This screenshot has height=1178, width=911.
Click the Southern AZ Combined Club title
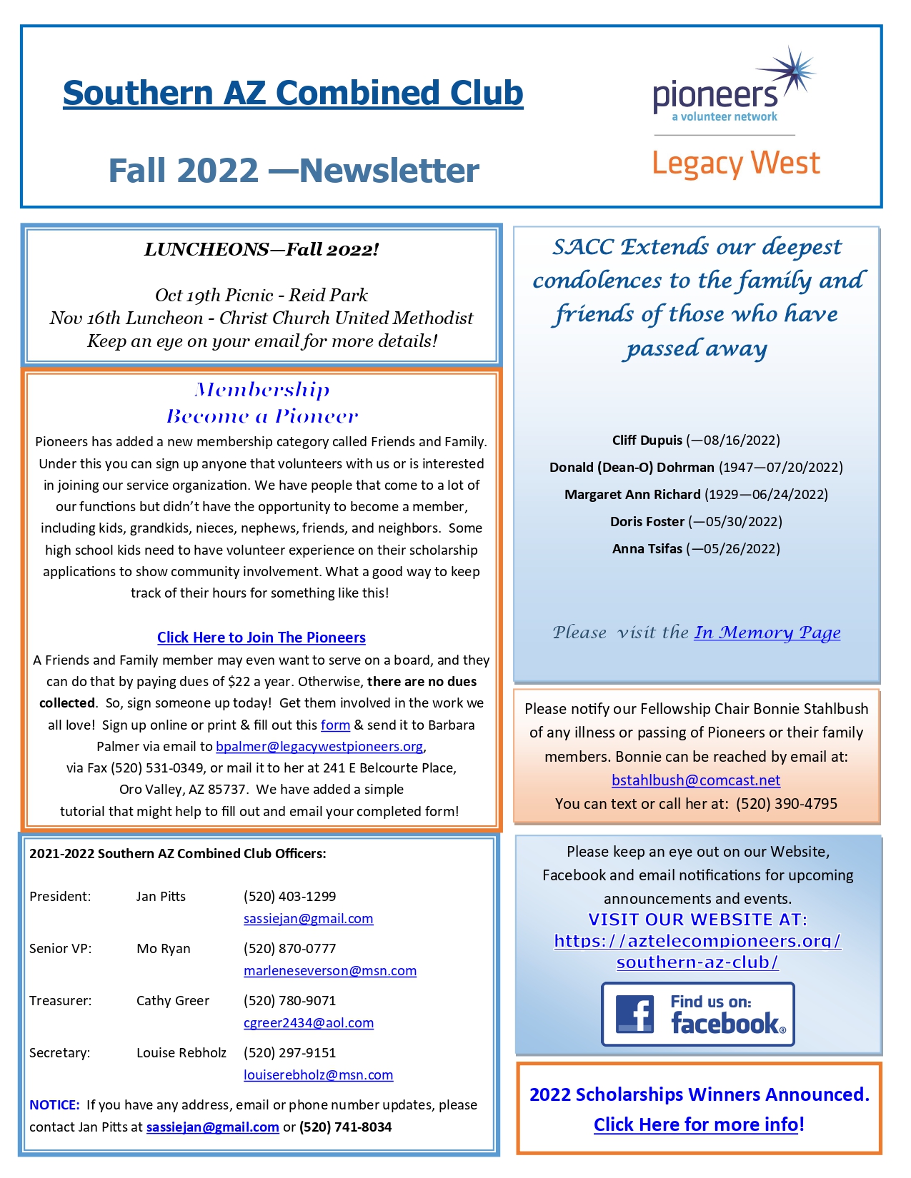pos(293,93)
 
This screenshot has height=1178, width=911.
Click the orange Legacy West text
pos(736,163)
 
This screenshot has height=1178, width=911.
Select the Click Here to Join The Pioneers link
pos(262,638)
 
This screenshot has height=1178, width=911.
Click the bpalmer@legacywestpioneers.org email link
pos(319,747)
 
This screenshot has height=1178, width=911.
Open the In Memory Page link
pos(767,633)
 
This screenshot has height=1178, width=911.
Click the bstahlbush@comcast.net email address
pos(696,780)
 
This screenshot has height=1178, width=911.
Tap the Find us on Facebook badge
pos(698,1015)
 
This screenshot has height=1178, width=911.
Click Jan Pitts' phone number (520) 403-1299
pos(289,897)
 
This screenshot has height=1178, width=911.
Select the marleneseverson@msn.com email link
pos(330,971)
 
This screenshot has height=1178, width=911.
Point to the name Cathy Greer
pos(173,1001)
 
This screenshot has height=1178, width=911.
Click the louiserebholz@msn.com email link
pos(319,1075)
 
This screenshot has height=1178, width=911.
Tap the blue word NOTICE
pos(54,1105)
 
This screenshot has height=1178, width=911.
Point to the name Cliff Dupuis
pos(647,441)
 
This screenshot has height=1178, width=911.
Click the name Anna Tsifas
pos(647,549)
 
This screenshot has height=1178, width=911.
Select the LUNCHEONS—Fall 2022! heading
pos(262,250)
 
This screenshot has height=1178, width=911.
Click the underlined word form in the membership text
pos(335,725)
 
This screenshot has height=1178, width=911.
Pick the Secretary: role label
pos(60,1053)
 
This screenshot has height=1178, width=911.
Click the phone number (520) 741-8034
pos(345,1127)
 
